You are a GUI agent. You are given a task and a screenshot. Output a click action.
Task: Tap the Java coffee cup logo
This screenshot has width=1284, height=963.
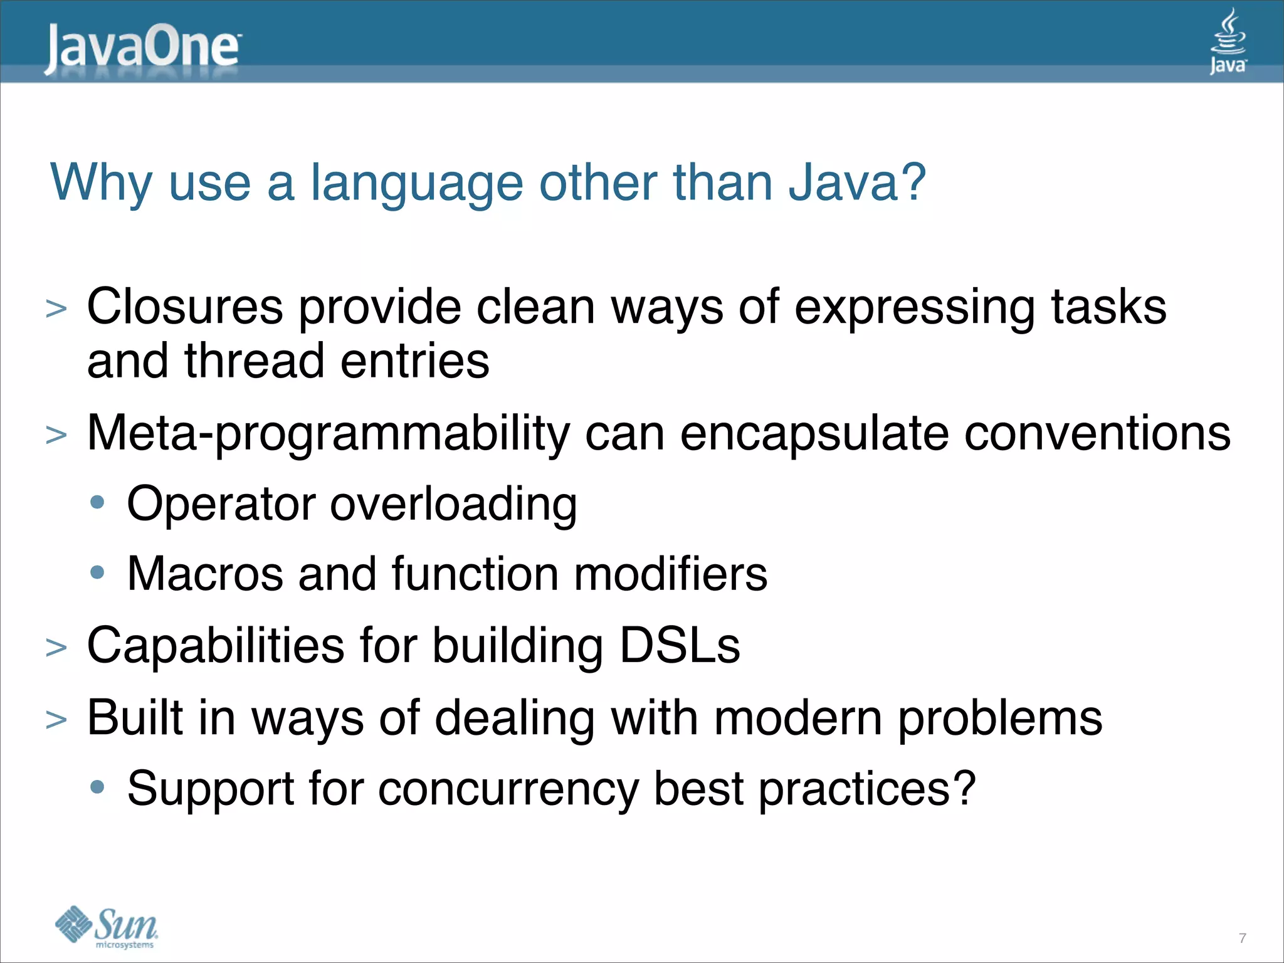tap(1228, 41)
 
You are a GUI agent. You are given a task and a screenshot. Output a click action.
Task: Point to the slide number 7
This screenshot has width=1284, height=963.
tap(1242, 938)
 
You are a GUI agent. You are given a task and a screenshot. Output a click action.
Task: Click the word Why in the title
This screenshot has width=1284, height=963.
tap(101, 183)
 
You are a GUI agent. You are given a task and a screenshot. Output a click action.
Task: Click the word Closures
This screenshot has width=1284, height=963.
tap(185, 307)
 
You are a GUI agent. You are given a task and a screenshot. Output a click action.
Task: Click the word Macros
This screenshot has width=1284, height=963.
tap(205, 574)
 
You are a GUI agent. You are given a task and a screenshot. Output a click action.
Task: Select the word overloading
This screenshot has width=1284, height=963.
tap(453, 505)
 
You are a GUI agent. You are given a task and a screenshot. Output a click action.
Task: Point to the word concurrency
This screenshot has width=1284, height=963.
tap(508, 789)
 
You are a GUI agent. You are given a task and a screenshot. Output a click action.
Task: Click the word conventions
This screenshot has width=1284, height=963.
tap(1097, 434)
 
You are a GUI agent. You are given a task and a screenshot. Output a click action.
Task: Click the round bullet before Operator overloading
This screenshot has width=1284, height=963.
tap(97, 502)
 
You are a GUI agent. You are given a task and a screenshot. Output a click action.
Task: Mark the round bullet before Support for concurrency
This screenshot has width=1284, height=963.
tap(97, 787)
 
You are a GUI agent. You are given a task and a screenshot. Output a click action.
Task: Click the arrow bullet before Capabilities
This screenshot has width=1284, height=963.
tap(56, 648)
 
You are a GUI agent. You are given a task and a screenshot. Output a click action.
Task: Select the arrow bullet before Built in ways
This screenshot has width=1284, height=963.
tap(56, 720)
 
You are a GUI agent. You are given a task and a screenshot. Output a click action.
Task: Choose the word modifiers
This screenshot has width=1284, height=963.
tap(670, 574)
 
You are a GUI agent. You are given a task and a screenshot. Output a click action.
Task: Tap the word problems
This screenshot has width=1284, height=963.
tap(1000, 718)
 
